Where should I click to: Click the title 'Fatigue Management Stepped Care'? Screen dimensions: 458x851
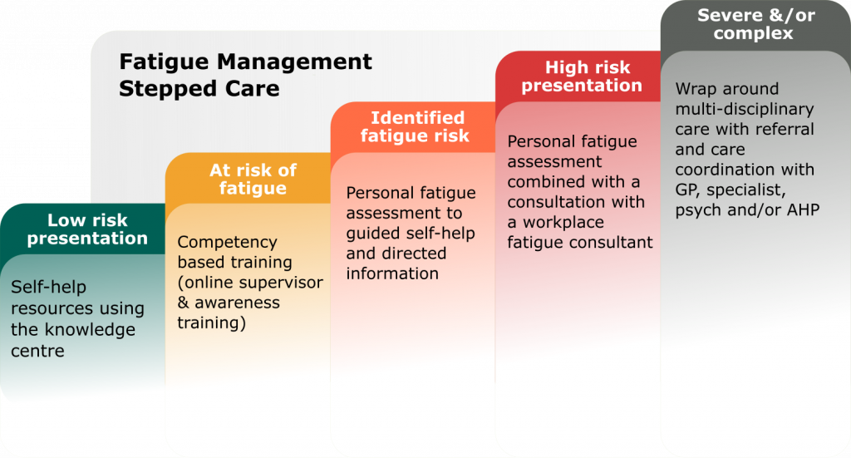(x=245, y=75)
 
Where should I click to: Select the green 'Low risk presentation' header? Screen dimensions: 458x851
(x=87, y=229)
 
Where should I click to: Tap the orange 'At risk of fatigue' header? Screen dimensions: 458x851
(x=253, y=180)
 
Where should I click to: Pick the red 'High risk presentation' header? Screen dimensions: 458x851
(x=582, y=76)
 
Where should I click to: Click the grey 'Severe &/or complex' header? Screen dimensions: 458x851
(x=755, y=25)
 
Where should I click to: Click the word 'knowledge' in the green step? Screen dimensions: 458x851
(x=94, y=329)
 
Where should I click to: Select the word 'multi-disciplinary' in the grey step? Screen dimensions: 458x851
(x=745, y=109)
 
